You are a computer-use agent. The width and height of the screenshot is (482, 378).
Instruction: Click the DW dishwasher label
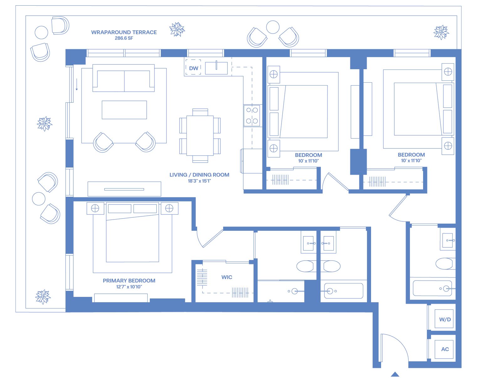point(193,68)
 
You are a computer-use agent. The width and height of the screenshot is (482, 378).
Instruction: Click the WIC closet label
point(227,277)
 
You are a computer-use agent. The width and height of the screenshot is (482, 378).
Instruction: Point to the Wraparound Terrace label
point(124,32)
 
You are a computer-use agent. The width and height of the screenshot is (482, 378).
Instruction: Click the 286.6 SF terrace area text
point(124,38)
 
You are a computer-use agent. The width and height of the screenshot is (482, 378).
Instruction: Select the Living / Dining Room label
point(199,175)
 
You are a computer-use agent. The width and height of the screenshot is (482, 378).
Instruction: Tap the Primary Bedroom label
point(129,281)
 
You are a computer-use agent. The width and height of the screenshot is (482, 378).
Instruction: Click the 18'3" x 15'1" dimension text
point(199,181)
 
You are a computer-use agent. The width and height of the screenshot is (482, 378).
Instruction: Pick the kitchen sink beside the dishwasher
point(216,68)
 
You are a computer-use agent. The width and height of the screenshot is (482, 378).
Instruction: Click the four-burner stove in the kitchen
point(252,116)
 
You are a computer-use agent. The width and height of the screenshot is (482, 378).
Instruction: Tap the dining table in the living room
point(200,135)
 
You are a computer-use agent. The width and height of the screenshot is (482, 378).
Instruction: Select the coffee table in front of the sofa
point(124,110)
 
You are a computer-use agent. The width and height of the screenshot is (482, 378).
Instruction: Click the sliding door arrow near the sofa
point(77,85)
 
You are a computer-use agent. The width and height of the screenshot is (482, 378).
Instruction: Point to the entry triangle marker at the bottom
point(395,375)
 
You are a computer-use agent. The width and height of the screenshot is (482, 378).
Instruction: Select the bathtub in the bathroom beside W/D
point(432,288)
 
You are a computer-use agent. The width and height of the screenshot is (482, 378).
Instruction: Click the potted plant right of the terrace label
point(177,29)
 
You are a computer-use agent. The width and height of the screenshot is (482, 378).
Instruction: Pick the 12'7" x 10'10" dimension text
point(129,287)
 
